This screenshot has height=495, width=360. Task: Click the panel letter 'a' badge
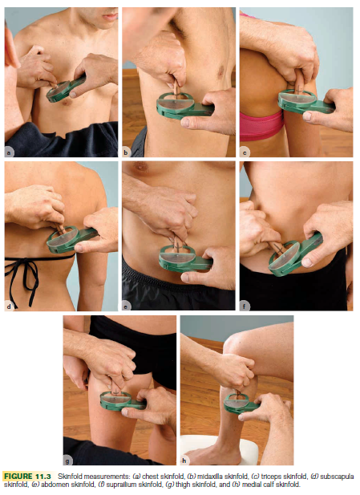tap(9, 153)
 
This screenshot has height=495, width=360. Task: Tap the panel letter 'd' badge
tap(9, 306)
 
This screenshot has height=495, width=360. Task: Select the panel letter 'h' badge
tap(184, 461)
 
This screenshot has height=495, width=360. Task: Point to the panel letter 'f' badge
tap(245, 306)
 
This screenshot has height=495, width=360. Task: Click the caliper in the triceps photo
tap(305, 101)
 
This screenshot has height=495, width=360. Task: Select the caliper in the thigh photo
tap(123, 400)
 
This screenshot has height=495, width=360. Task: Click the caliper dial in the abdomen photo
tap(177, 258)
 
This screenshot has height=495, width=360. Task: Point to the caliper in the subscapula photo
tap(71, 239)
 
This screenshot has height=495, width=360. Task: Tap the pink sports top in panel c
tap(261, 126)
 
